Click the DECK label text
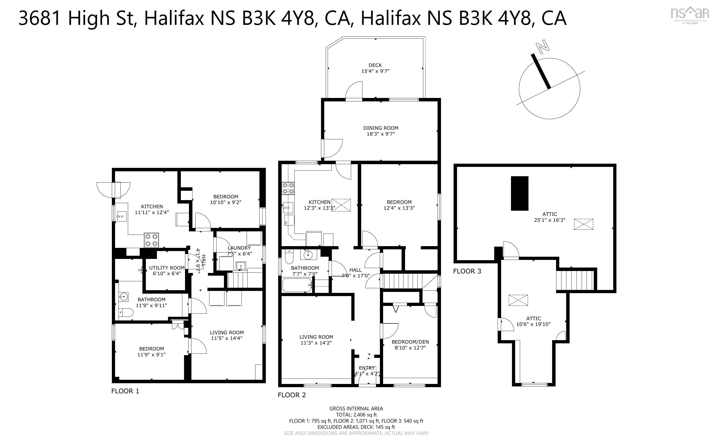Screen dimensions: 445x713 375,65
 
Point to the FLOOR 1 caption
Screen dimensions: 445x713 125,391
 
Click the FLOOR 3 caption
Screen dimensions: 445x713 467,271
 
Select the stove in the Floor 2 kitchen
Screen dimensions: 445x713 288,188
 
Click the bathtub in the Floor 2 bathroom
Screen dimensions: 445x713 297,285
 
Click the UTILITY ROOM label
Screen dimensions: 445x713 167,268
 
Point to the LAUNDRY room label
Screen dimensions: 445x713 239,248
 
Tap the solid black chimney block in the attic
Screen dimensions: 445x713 520,193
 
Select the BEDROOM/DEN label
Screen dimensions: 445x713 410,342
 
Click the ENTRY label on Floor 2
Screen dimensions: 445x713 367,368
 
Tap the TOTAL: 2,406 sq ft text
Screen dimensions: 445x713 356,415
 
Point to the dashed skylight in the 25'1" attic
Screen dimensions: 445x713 583,224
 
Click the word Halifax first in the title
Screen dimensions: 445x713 174,18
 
